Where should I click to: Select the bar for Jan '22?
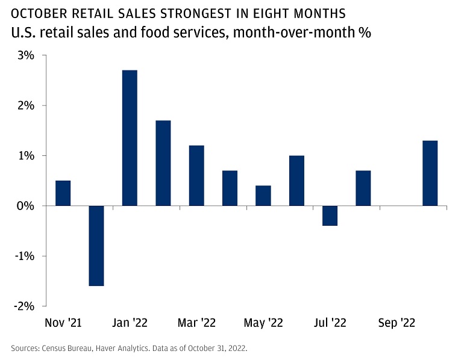130,138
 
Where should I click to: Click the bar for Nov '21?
63,193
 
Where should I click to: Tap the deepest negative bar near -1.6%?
96,246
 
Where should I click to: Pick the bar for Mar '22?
196,175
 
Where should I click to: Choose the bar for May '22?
263,196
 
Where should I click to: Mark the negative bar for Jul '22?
330,216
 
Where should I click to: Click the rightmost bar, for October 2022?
430,173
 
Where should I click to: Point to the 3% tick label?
27,55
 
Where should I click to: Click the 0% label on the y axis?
27,206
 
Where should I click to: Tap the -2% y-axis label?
25,306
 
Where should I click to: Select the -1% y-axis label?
25,256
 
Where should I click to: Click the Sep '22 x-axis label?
397,323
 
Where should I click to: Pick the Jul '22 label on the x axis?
330,323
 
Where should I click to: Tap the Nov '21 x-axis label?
64,323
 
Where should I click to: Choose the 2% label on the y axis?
27,105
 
